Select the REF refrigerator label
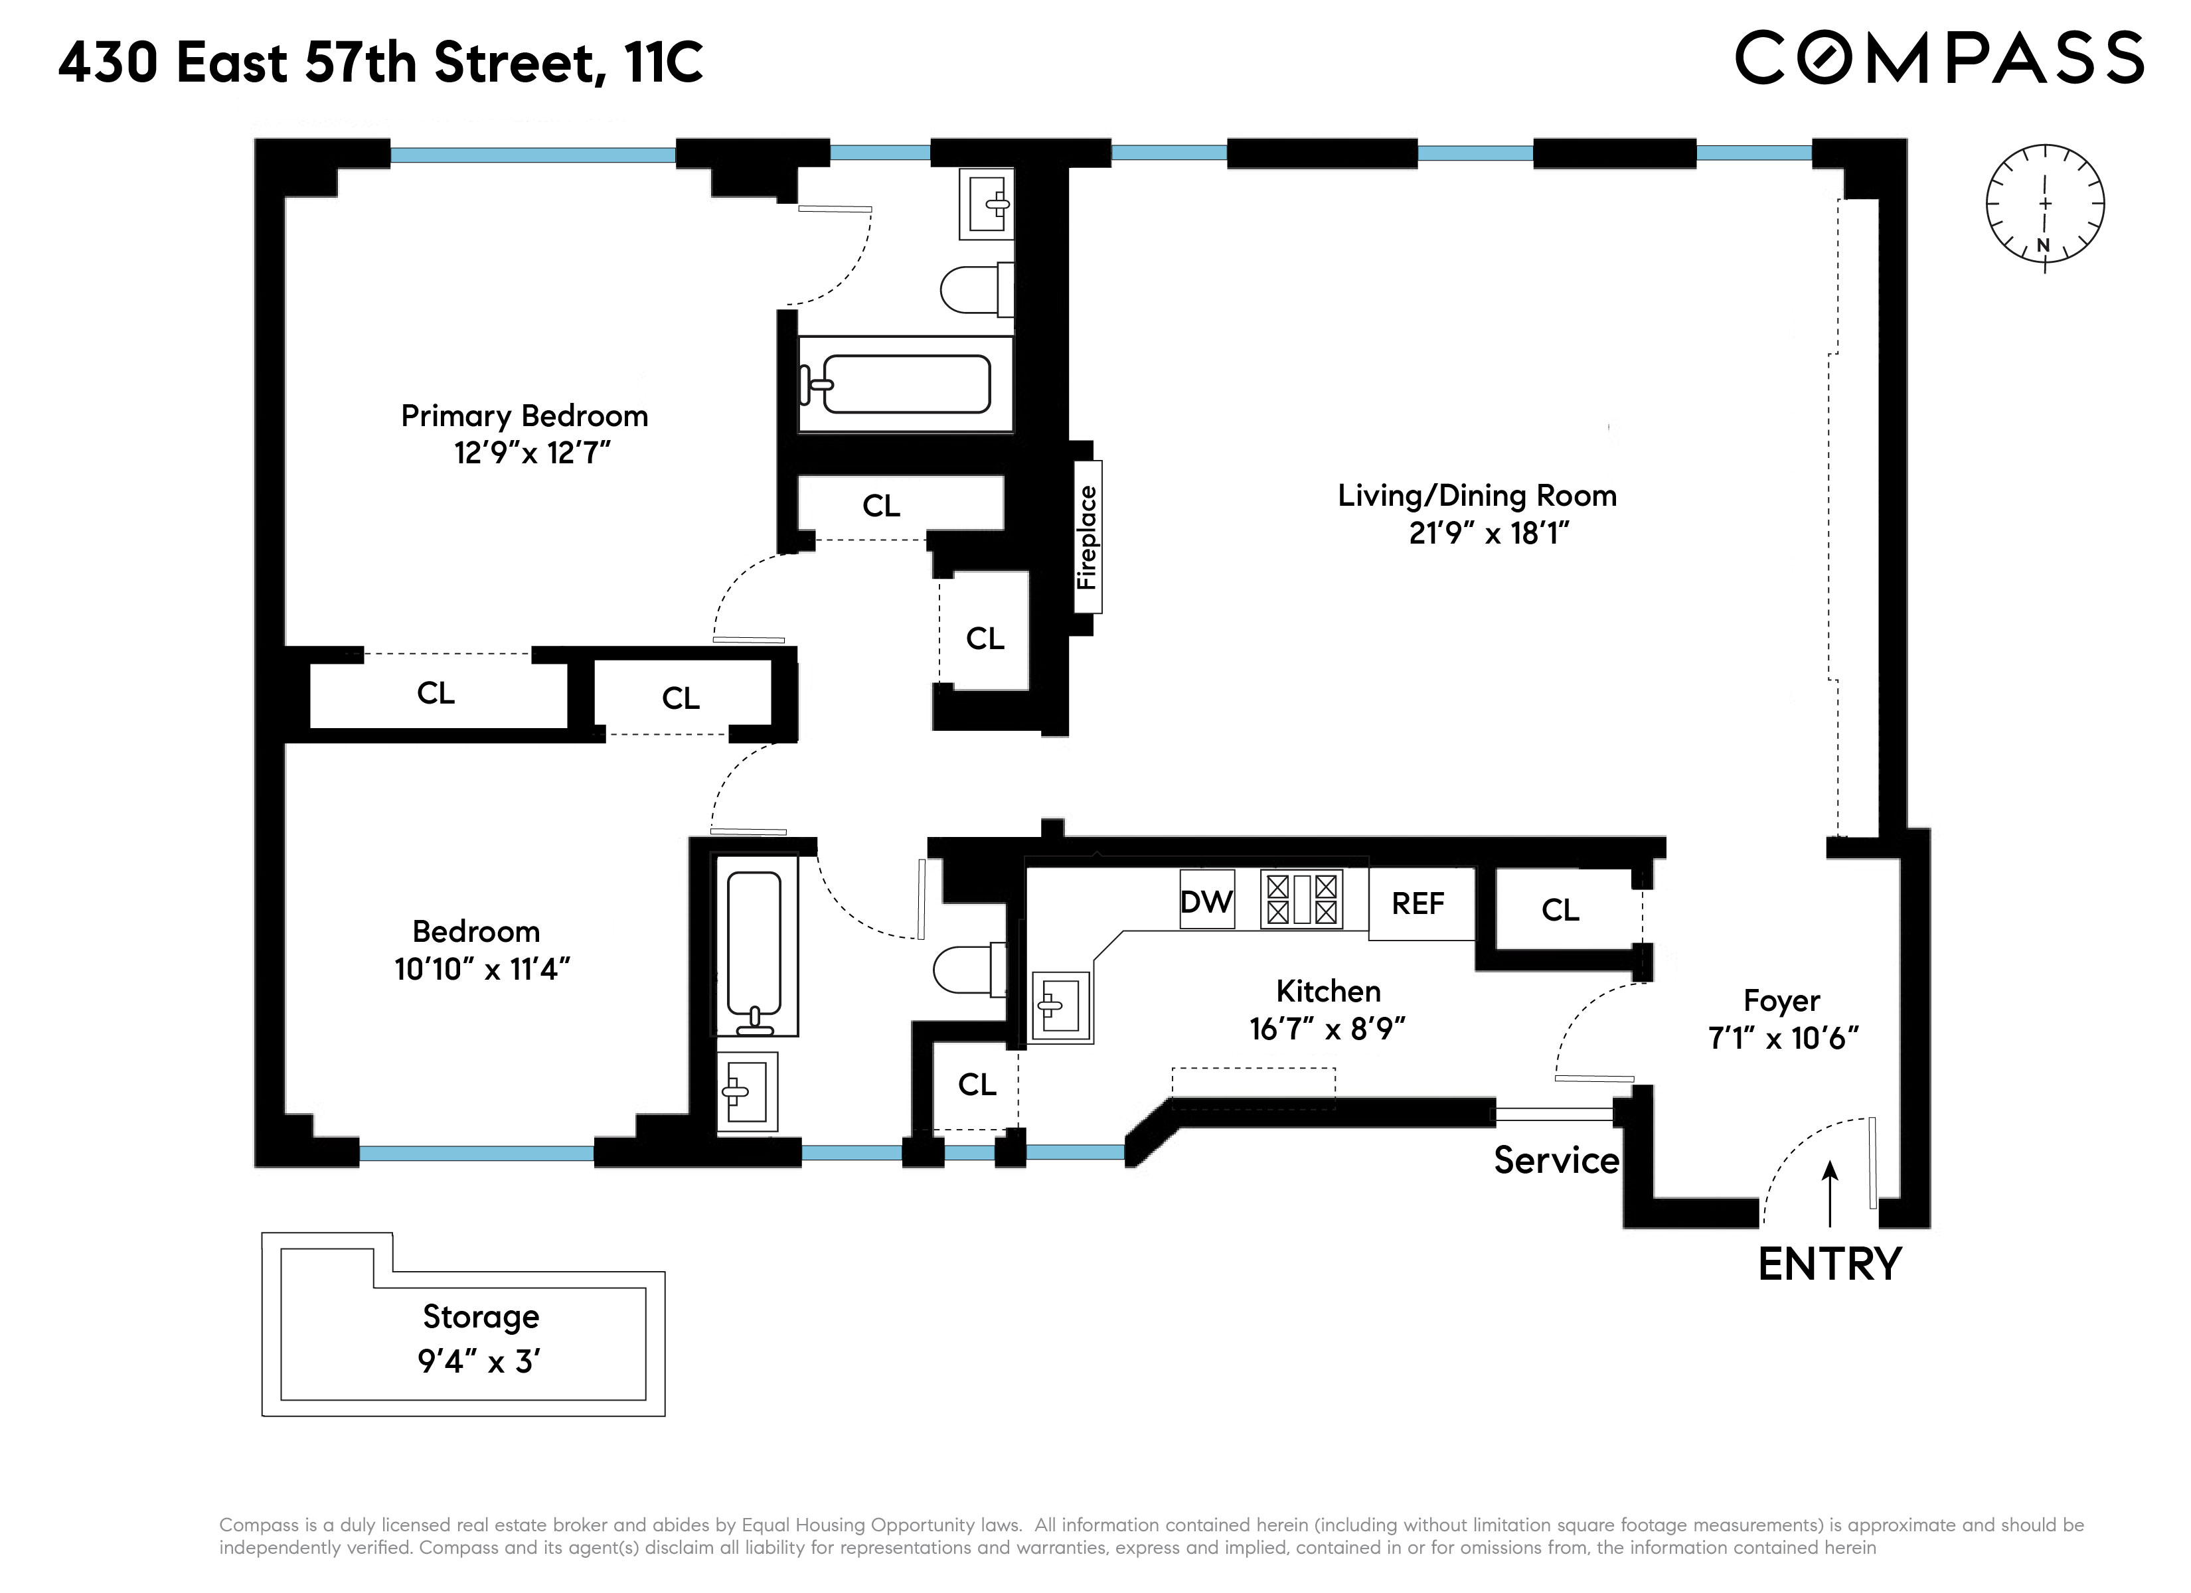click(1418, 903)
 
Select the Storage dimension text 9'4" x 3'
click(479, 1361)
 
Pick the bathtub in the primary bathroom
click(905, 384)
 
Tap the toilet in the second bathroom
click(966, 970)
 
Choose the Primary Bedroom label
click(524, 416)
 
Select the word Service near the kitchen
click(1556, 1160)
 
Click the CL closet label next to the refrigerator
click(1560, 909)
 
